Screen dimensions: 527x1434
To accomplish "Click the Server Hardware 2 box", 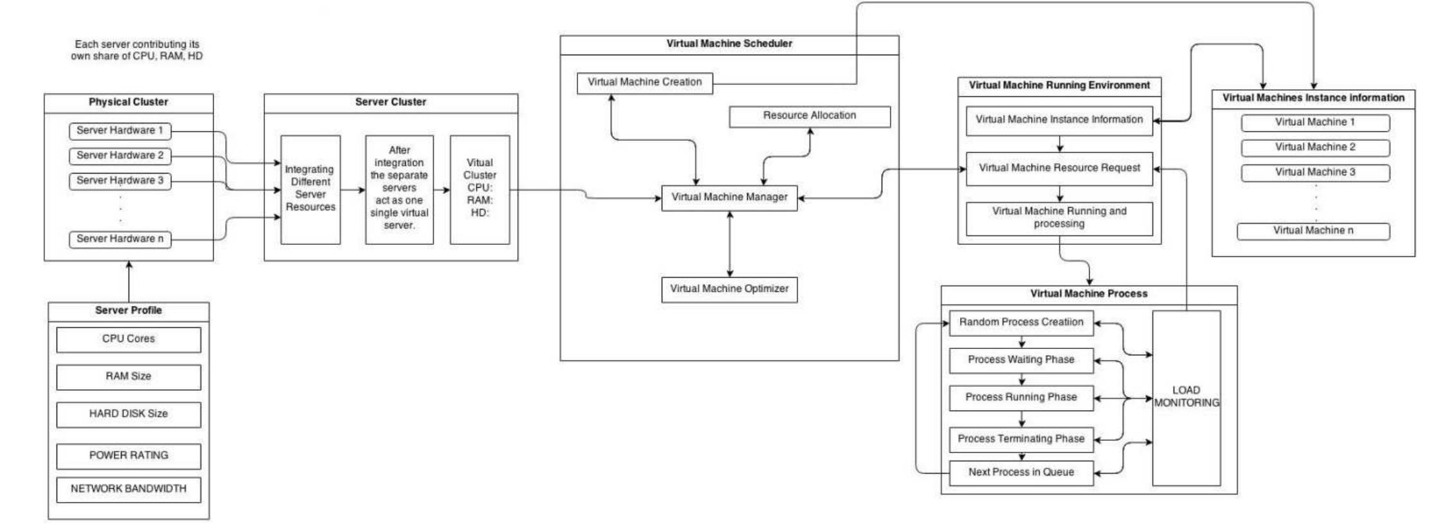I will (x=120, y=156).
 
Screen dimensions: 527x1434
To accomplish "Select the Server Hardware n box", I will (x=120, y=239).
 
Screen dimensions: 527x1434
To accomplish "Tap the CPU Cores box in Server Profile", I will (x=129, y=339).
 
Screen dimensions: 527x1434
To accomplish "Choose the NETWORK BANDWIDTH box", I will (x=129, y=489).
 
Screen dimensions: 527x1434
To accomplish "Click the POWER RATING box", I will (x=129, y=456).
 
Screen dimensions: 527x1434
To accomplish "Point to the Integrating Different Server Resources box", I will (x=310, y=189).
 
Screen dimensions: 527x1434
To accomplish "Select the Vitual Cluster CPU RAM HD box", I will (x=480, y=189).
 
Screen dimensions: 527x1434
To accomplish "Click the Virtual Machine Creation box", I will (x=644, y=83).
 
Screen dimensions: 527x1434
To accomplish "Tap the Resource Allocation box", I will (x=809, y=116).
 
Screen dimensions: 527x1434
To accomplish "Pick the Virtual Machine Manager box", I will (x=729, y=197).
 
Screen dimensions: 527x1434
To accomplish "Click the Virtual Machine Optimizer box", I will (x=729, y=289).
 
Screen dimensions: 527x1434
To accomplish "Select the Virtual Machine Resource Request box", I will (x=1059, y=168).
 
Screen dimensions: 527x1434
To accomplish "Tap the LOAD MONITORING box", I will (x=1186, y=397).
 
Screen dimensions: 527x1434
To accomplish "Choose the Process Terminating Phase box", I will (x=1021, y=439).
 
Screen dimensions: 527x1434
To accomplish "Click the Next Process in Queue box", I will (x=1021, y=472).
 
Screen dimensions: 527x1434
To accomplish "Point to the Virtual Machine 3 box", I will (x=1315, y=172).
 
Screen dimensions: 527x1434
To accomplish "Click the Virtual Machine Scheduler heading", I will (x=729, y=44).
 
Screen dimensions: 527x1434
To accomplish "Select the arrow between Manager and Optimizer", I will (x=729, y=244).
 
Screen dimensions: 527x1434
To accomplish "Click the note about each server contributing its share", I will (x=137, y=50).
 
